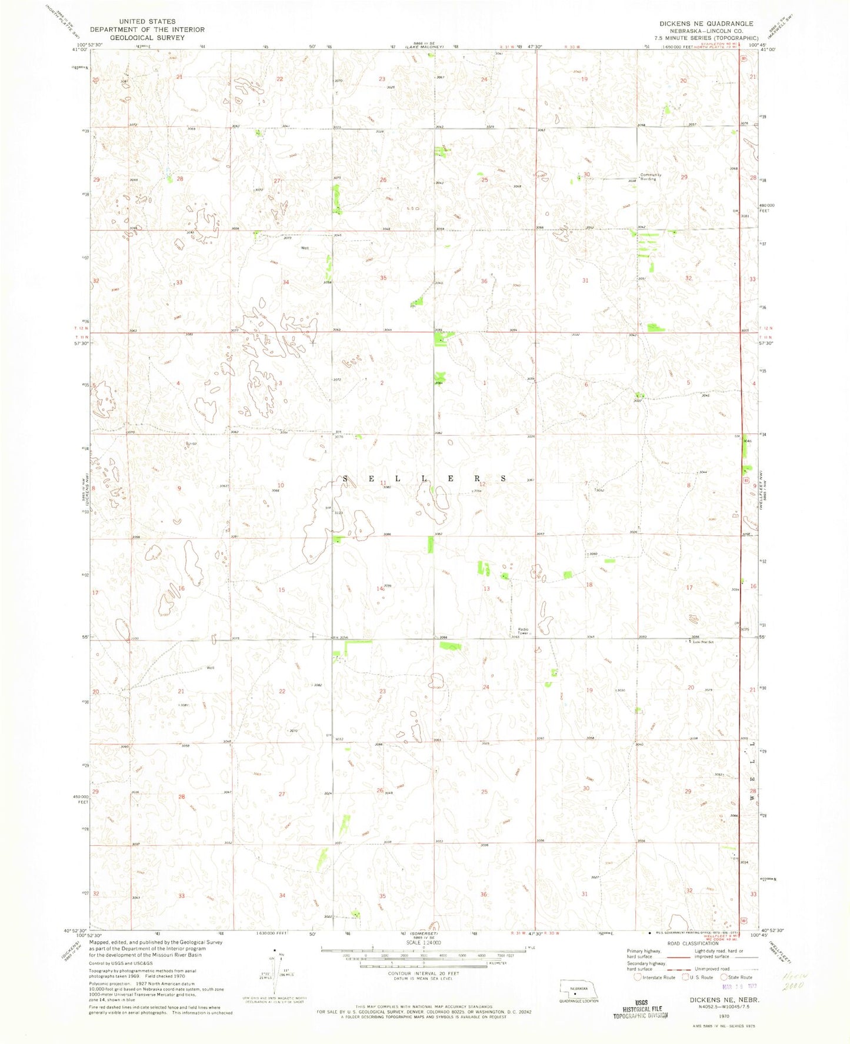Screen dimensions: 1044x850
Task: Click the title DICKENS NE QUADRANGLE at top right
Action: [706, 24]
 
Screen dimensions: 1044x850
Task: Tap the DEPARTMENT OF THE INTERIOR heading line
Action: [147, 29]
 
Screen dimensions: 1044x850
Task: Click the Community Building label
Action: [651, 176]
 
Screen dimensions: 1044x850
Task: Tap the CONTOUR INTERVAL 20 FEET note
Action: [423, 973]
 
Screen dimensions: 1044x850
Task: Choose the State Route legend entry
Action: [738, 978]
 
